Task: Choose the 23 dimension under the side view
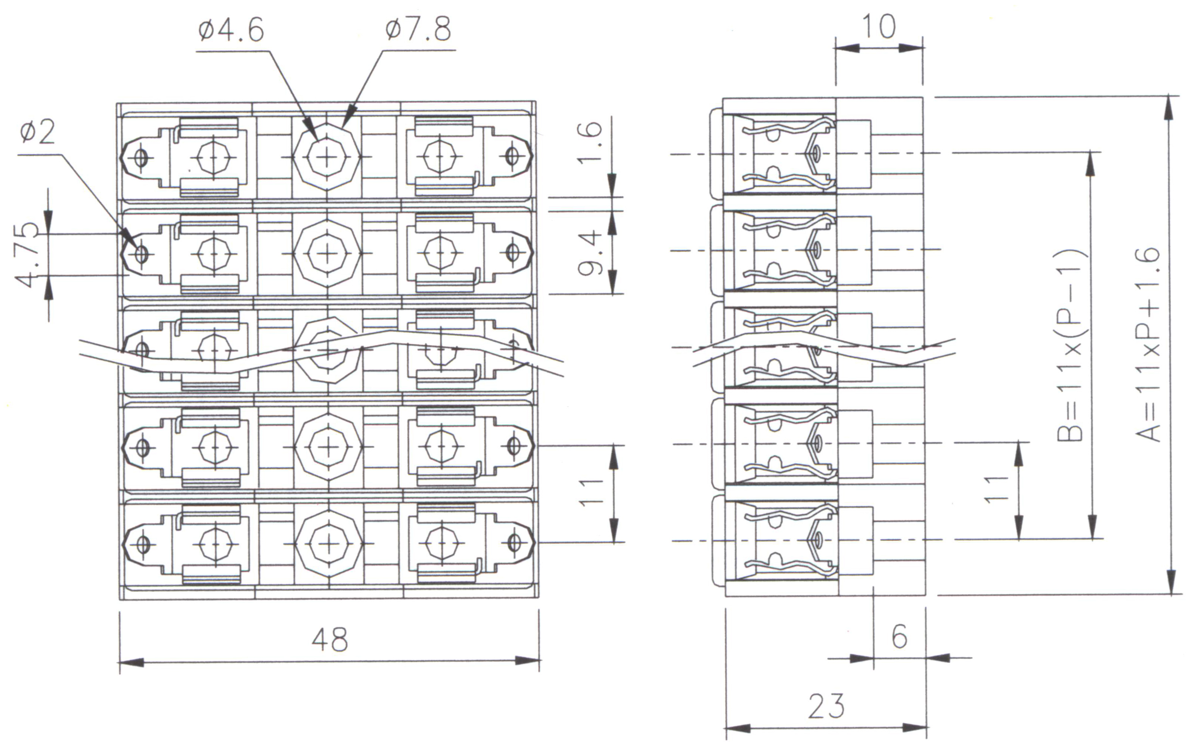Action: pos(826,706)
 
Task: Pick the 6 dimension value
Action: pos(899,636)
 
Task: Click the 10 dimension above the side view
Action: pos(879,26)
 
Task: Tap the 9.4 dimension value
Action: pos(591,253)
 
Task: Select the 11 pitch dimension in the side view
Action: pos(996,490)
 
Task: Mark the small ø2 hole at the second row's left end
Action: pos(141,255)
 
